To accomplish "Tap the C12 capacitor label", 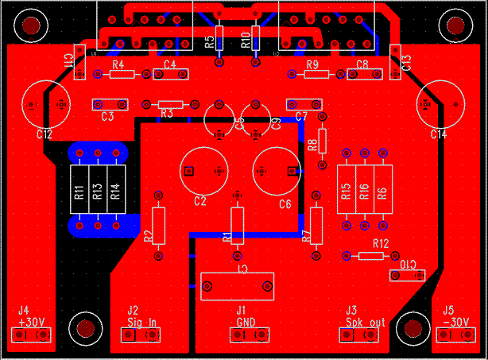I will (x=44, y=134).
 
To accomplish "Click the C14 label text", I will (x=439, y=134).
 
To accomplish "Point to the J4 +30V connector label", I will (x=32, y=322).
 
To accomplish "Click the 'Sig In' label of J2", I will (x=141, y=322).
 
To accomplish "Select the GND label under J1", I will (x=246, y=322).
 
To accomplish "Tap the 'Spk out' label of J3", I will (x=366, y=322).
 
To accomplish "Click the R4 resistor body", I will (x=122, y=75).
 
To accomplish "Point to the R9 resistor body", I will (x=316, y=75).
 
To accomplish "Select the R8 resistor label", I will (x=312, y=145).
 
